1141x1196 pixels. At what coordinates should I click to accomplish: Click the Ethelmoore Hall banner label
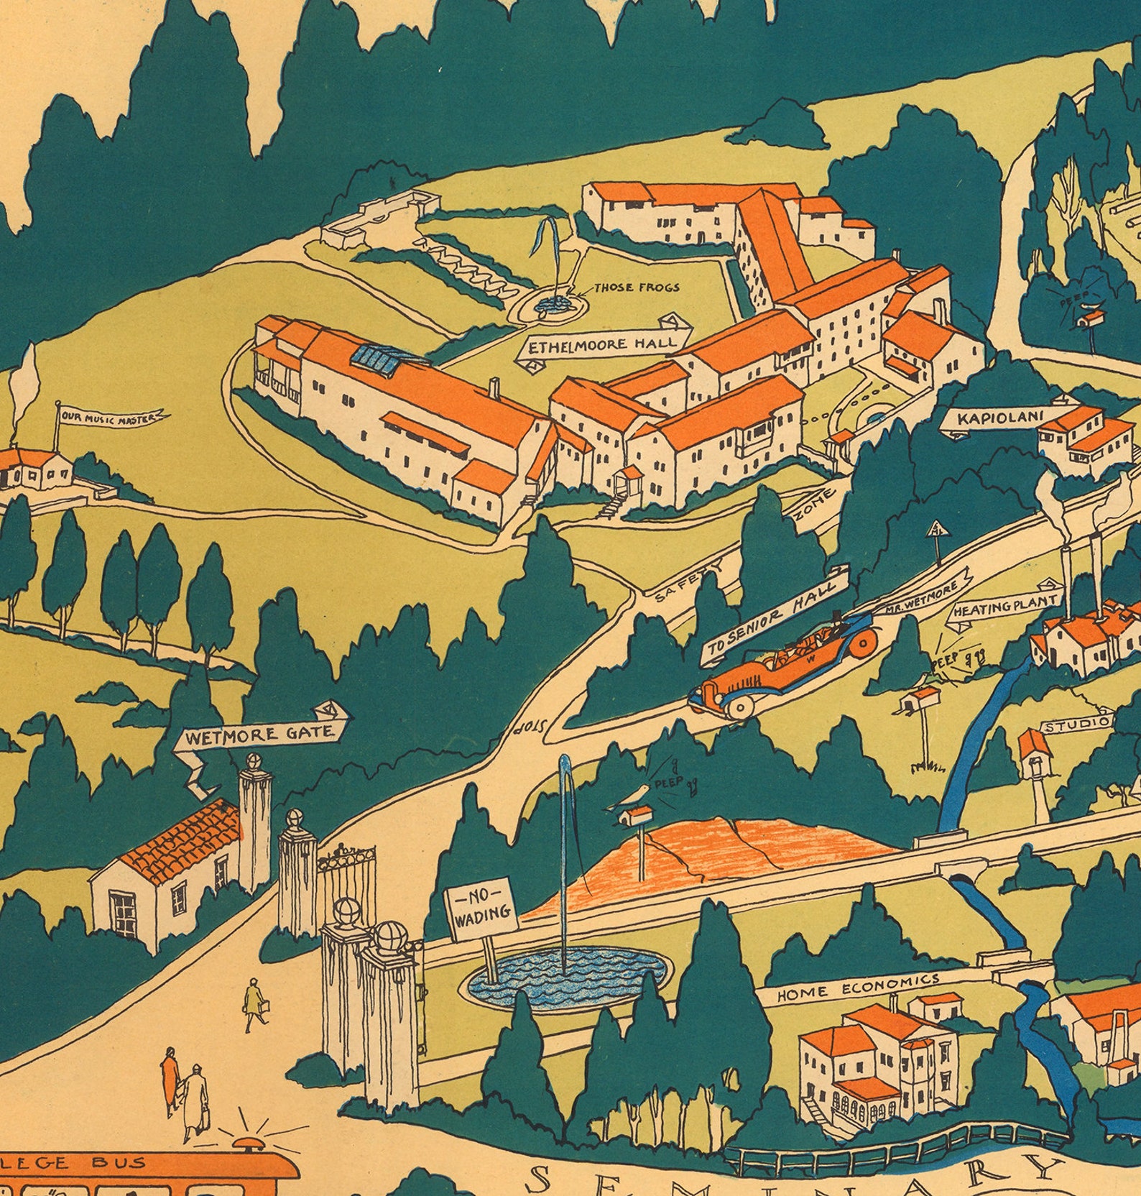604,345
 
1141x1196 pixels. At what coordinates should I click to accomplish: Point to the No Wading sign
480,908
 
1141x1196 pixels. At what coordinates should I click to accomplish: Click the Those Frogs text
636,287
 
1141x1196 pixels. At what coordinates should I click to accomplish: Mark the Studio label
1076,724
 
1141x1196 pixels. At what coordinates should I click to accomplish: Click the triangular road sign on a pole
936,530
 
